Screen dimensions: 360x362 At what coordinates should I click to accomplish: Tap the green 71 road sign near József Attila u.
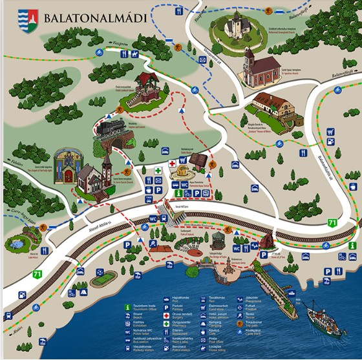click(37, 275)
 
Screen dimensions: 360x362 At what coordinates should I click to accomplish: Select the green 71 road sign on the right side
click(332, 223)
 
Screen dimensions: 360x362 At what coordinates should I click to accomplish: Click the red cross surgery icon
click(171, 164)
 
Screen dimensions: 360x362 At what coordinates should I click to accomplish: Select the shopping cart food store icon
click(330, 131)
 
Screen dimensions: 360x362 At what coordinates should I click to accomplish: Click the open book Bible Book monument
click(198, 160)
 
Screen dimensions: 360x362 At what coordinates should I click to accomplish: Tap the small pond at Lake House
click(16, 244)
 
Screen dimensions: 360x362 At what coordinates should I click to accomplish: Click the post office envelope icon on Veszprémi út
click(202, 60)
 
